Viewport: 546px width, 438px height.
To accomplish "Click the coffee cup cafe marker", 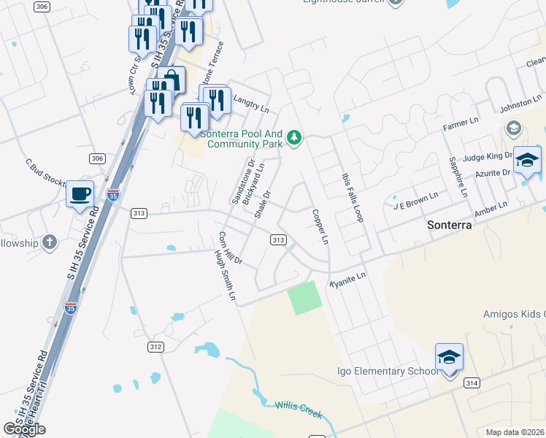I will [x=80, y=194].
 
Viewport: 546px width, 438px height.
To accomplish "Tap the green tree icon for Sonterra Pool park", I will [x=294, y=137].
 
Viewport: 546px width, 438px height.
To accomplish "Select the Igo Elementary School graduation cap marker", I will [x=450, y=357].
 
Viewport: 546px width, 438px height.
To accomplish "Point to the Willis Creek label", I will [x=298, y=408].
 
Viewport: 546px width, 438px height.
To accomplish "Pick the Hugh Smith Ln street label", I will [x=226, y=277].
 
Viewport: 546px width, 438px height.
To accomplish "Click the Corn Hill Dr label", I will [x=230, y=248].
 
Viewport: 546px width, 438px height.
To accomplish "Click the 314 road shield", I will [x=472, y=383].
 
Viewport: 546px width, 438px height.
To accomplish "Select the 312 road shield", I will [x=155, y=346].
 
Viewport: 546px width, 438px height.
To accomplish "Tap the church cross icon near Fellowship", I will [x=50, y=242].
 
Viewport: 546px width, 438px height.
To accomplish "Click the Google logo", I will [x=23, y=429].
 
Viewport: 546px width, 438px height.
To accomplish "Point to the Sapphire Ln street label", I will [x=457, y=177].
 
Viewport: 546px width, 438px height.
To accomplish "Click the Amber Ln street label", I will [x=491, y=210].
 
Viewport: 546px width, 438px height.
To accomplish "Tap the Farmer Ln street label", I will [x=460, y=123].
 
